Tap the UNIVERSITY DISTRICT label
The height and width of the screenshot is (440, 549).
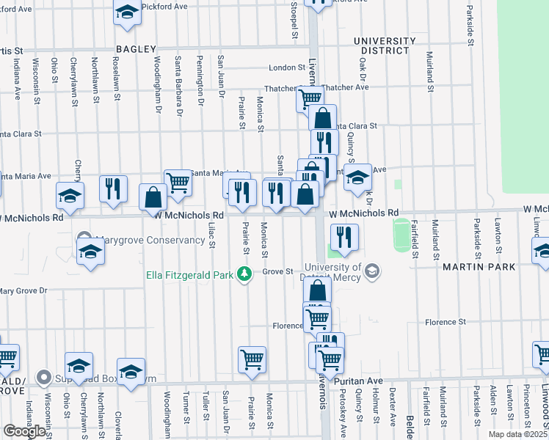(x=380, y=45)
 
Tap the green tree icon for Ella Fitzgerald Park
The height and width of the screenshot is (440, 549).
(x=247, y=275)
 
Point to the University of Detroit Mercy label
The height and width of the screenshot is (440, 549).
(x=329, y=271)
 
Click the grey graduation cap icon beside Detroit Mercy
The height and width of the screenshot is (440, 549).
(x=372, y=272)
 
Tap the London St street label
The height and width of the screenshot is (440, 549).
(x=286, y=67)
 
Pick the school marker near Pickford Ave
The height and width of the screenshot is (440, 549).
(x=128, y=13)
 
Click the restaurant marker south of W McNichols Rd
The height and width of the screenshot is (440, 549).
(x=343, y=237)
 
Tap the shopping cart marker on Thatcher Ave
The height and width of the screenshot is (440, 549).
(x=310, y=98)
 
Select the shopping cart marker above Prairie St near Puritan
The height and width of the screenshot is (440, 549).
(x=252, y=359)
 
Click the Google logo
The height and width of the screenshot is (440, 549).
(x=24, y=431)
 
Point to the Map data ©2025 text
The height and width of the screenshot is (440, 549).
(x=517, y=434)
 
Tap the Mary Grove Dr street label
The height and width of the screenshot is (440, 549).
(x=24, y=291)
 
